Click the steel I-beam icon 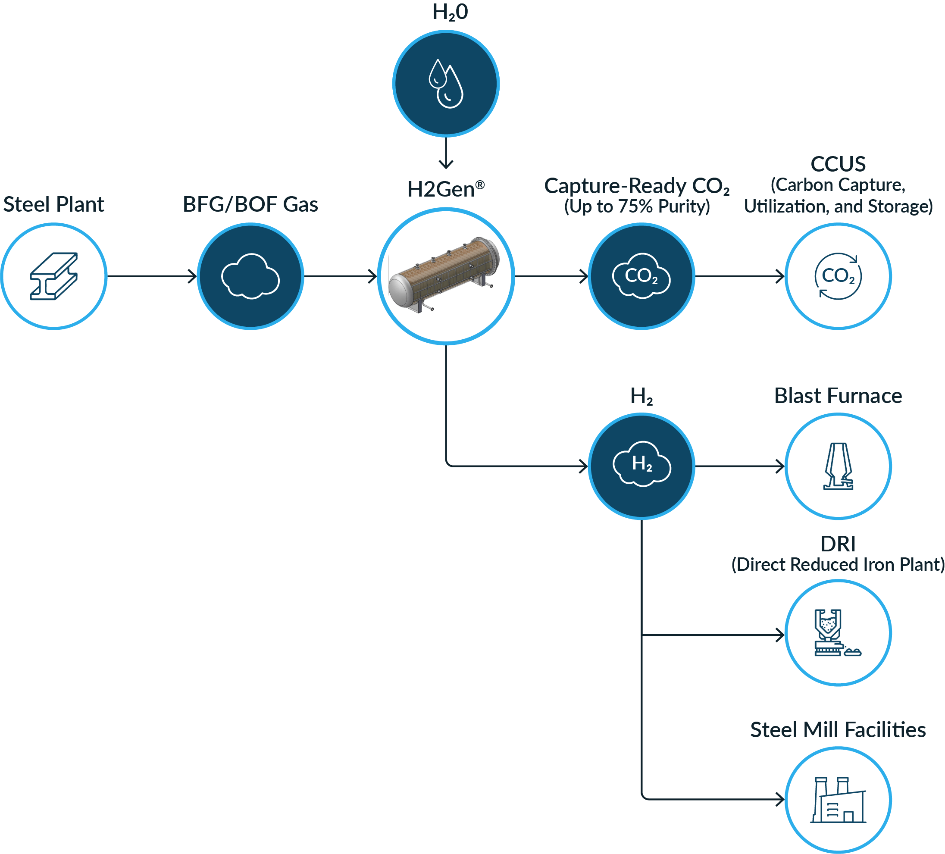pos(54,276)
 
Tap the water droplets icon pos(446,84)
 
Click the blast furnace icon pos(838,466)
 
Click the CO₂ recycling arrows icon pos(838,276)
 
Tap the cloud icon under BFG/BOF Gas pos(250,276)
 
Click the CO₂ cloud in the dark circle pos(641,276)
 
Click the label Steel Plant pos(53,204)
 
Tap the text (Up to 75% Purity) pos(637,206)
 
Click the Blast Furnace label pos(838,396)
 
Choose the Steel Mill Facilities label pos(838,730)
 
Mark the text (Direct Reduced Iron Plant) pos(838,564)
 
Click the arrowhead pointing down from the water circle pos(446,164)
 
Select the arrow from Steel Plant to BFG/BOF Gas pos(152,276)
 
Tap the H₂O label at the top pos(450,13)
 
